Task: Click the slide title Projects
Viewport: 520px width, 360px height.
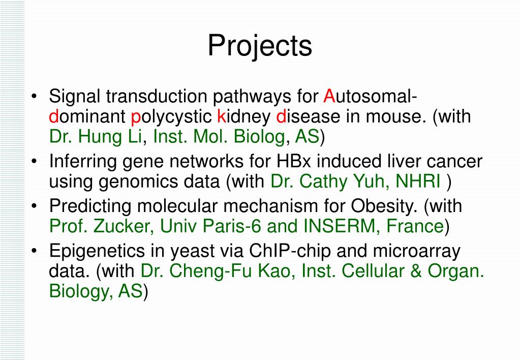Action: point(260,46)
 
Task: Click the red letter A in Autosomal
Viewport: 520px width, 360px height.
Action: point(329,96)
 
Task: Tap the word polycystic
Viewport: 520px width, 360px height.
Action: point(171,117)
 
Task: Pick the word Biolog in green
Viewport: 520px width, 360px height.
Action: point(259,137)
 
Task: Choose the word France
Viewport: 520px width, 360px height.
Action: point(415,226)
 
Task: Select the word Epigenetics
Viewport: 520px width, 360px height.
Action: point(97,251)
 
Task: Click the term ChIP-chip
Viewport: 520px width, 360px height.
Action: point(290,251)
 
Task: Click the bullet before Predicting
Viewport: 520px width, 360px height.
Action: point(35,206)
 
